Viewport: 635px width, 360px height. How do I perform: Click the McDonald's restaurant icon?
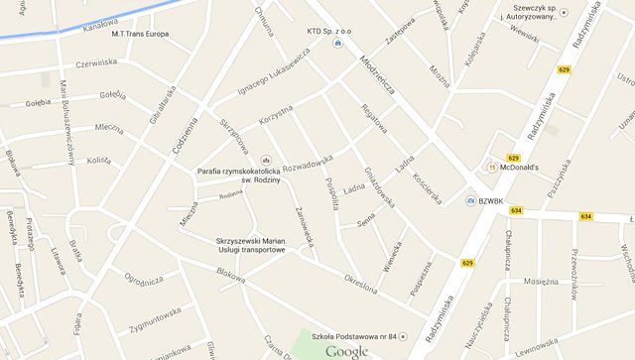(491, 168)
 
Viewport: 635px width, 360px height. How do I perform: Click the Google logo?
(347, 350)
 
